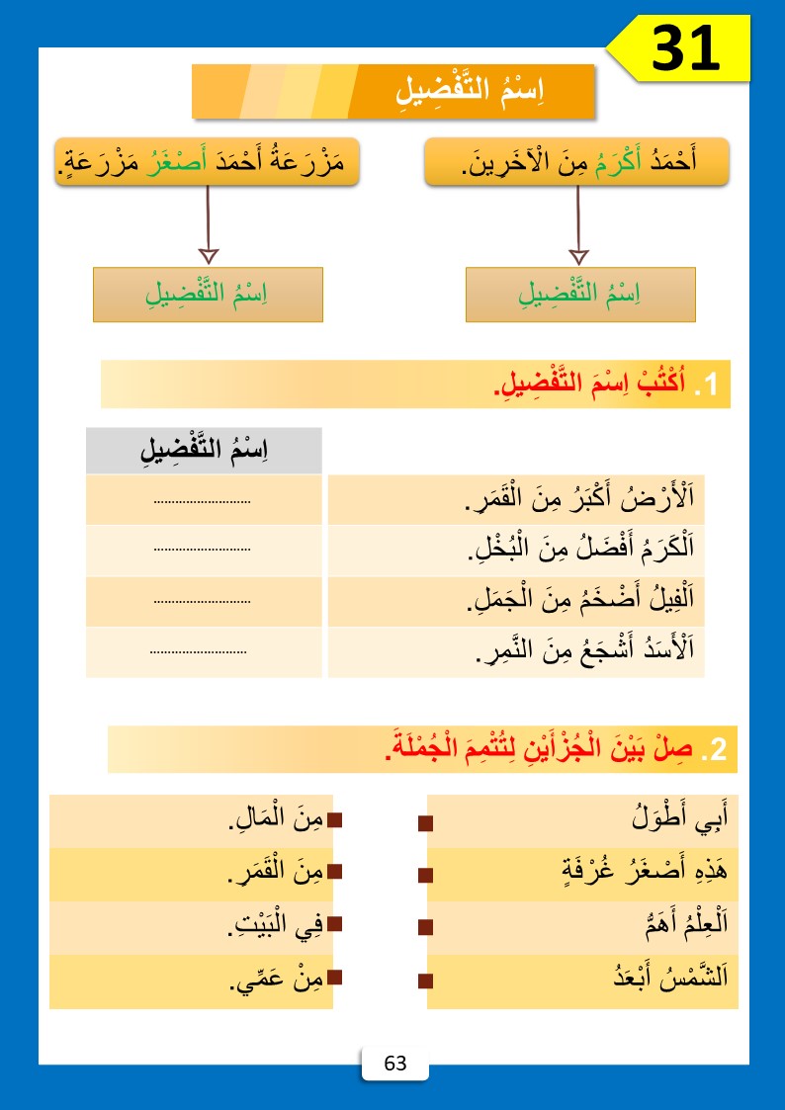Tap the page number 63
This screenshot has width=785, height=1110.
pos(395,1064)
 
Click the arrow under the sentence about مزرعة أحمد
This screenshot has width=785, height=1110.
pos(208,222)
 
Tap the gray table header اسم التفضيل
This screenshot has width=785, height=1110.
pos(205,451)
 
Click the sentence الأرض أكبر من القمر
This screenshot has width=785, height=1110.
pos(578,501)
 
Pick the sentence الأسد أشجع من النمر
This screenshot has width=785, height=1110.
pos(584,651)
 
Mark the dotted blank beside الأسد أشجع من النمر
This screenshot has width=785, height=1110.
pos(199,652)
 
